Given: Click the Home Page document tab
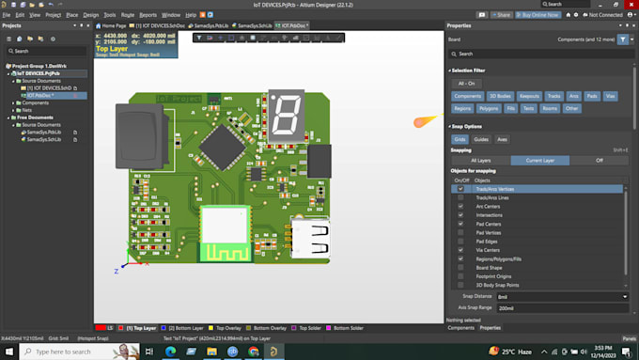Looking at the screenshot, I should pos(113,25).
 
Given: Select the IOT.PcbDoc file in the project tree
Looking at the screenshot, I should pos(39,95).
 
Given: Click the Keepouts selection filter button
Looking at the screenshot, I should pos(529,96).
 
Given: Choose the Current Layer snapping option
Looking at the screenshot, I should pos(548,160).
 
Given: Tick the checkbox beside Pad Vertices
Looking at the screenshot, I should pos(460,232).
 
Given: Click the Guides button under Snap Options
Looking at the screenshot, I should pos(481,139).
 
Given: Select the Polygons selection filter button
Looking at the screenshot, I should pos(488,108).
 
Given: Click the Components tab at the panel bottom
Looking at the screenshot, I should pos(460,327).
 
